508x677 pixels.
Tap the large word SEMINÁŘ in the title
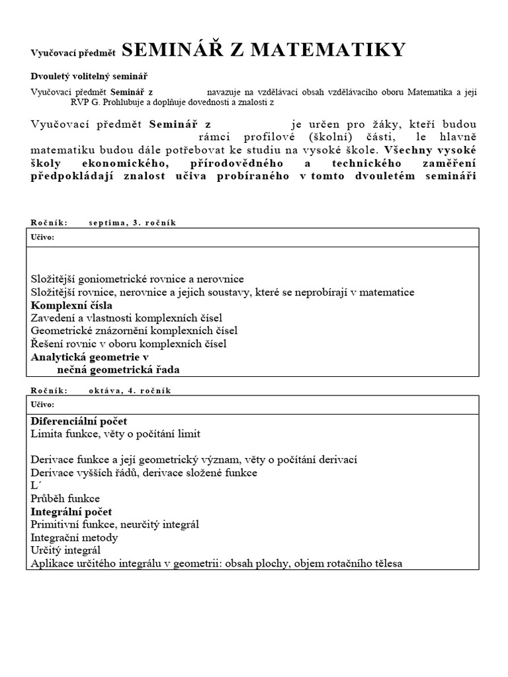171,50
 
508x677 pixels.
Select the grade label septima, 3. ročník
132,222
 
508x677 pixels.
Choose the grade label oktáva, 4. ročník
130,390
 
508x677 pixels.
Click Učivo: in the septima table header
43,237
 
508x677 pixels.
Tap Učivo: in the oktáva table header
43,405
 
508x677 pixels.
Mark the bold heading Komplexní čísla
71,305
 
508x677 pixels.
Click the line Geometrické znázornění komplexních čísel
134,331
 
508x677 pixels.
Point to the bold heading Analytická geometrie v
90,356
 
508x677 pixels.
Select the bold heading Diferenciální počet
79,421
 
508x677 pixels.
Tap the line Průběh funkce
65,498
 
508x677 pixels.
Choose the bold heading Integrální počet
71,512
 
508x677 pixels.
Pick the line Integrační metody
74,538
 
